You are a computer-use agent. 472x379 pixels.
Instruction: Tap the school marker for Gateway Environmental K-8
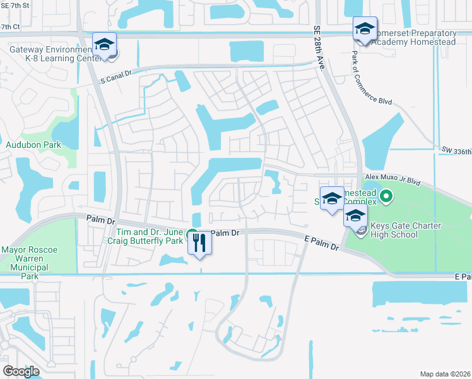[x=104, y=45]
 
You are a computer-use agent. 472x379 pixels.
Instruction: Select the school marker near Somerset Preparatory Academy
[x=364, y=29]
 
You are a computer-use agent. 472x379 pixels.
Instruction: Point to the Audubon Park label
[x=25, y=145]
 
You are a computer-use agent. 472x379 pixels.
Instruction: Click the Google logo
[x=21, y=371]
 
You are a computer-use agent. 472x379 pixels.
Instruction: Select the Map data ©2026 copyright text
[x=444, y=374]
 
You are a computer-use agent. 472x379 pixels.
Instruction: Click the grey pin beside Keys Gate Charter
[x=360, y=231]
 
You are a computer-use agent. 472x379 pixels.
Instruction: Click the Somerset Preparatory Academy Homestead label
[x=413, y=37]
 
